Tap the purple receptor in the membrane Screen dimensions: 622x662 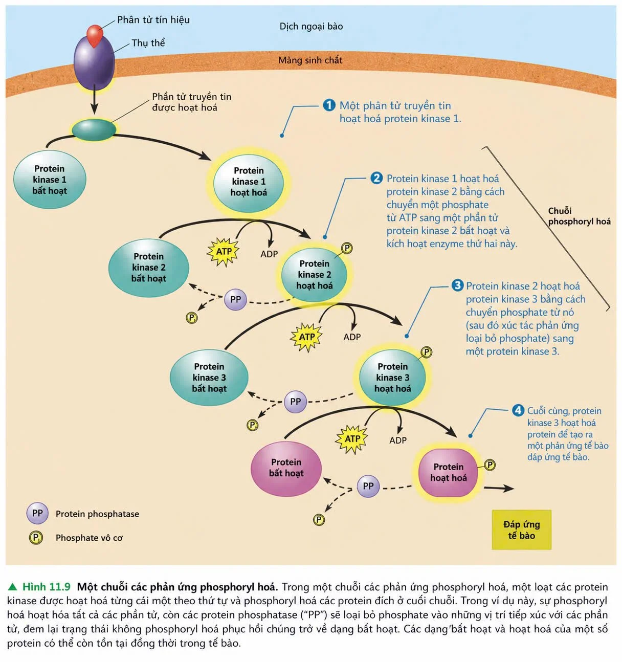coord(94,63)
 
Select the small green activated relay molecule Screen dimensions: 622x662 coord(94,129)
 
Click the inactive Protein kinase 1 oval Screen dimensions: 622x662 coord(50,180)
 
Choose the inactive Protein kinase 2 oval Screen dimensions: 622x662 coord(149,268)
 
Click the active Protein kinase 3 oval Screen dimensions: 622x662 coord(392,378)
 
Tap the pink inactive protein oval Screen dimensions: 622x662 coord(286,468)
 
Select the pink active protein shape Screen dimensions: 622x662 coord(448,472)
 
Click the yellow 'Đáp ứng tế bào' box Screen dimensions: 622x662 coord(522,529)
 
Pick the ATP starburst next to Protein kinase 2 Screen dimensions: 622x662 coord(223,252)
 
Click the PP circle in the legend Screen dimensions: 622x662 coord(37,513)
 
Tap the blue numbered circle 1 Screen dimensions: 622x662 coord(329,105)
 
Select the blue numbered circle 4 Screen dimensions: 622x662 coord(518,410)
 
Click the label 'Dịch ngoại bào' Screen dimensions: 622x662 coord(311,26)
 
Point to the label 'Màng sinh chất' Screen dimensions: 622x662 coord(310,60)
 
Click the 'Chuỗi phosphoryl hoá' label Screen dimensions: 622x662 coord(580,216)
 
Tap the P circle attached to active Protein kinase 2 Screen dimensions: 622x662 coord(347,248)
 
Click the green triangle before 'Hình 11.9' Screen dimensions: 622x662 coord(13,586)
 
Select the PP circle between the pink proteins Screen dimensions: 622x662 coord(368,486)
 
